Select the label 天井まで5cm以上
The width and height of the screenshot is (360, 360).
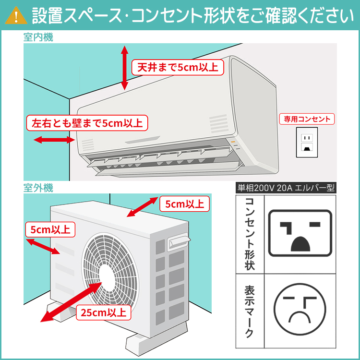click(178, 67)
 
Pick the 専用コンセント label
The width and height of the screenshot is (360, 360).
click(307, 119)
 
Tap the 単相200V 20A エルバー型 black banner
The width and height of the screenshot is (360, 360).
click(286, 188)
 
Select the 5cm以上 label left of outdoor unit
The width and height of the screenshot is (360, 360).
click(50, 229)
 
